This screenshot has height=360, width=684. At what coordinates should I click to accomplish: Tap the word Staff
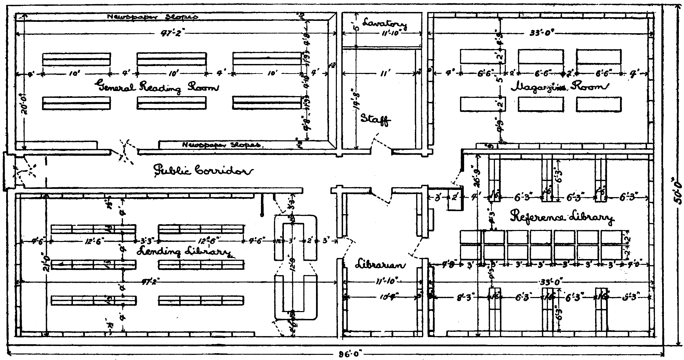click(376, 120)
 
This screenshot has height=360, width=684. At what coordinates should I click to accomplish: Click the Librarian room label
click(380, 265)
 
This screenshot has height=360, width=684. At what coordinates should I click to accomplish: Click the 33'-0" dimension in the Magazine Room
click(539, 33)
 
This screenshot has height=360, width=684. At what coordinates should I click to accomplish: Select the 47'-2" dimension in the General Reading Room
click(171, 33)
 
